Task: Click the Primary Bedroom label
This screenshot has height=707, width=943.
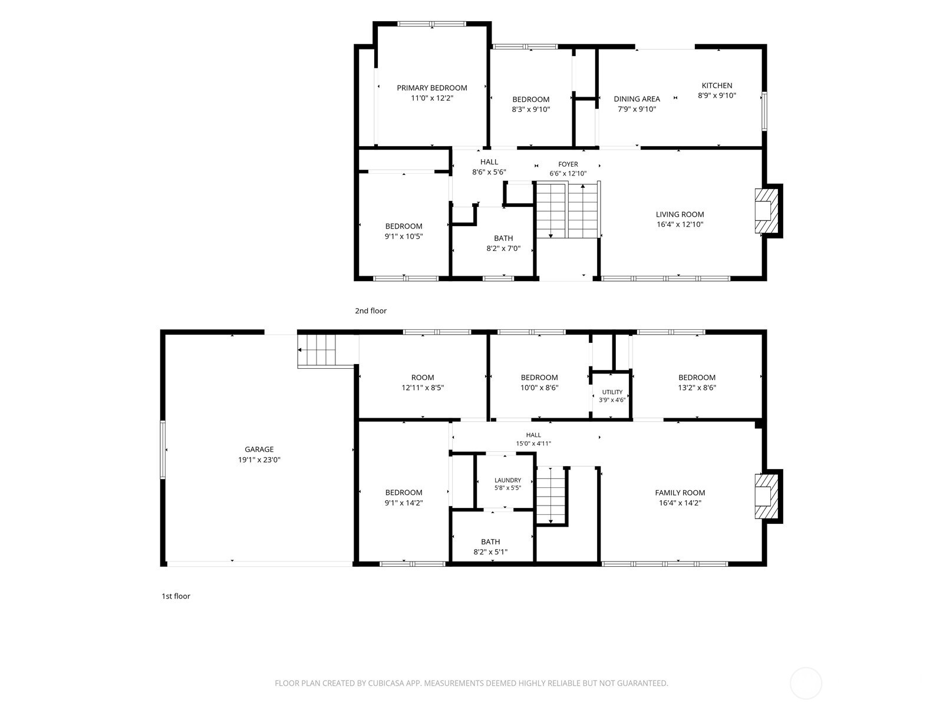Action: click(x=432, y=88)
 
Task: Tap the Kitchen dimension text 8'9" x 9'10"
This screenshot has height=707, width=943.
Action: click(x=717, y=95)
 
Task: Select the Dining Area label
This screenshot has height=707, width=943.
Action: click(x=637, y=99)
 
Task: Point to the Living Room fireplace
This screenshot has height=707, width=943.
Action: click(x=767, y=211)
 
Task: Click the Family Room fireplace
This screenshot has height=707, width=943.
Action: click(x=767, y=496)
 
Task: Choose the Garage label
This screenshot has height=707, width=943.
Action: click(x=259, y=450)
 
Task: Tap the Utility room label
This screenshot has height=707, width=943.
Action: click(x=612, y=392)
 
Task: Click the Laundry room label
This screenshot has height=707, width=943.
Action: click(x=507, y=480)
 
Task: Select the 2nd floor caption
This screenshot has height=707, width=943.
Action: click(x=371, y=311)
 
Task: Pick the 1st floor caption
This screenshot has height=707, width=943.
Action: click(x=176, y=596)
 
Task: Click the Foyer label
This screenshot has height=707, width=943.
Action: click(x=568, y=164)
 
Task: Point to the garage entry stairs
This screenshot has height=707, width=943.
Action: click(x=317, y=351)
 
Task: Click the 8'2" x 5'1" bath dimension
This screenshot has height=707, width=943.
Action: click(x=490, y=552)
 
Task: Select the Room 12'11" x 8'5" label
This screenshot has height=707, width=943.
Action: click(x=423, y=382)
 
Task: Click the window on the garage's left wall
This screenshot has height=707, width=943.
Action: click(x=163, y=450)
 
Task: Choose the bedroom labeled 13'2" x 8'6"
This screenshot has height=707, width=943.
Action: click(x=697, y=382)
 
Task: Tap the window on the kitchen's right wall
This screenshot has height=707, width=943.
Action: click(x=764, y=111)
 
